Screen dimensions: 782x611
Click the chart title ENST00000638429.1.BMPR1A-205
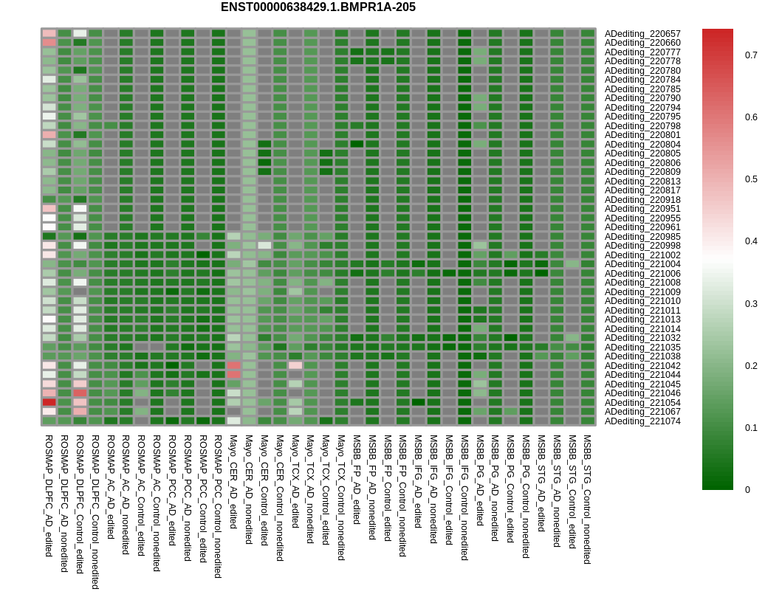[318, 7]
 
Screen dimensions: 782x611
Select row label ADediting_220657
[642, 34]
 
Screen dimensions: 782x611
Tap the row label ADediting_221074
[642, 421]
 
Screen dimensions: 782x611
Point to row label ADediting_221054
[642, 403]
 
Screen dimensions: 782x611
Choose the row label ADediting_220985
[642, 237]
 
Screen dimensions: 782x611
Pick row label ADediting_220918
[642, 200]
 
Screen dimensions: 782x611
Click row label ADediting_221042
[642, 366]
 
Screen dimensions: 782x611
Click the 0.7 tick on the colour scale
[751, 55]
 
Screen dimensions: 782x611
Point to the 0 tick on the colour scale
[747, 490]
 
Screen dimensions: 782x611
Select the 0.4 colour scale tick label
[751, 241]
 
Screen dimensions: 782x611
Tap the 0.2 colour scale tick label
[751, 366]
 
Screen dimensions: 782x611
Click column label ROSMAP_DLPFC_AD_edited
[49, 495]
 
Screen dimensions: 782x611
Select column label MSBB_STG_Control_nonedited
[588, 500]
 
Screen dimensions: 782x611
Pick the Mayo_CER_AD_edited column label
[233, 481]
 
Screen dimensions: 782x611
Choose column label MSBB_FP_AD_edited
[357, 479]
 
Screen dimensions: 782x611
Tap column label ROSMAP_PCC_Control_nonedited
[218, 506]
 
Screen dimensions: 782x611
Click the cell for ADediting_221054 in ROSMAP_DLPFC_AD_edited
[49, 402]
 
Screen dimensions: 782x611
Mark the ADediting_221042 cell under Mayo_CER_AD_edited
[233, 365]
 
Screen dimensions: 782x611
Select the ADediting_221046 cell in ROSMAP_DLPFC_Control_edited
[80, 393]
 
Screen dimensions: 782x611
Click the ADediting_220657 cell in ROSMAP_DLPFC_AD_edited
[49, 33]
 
